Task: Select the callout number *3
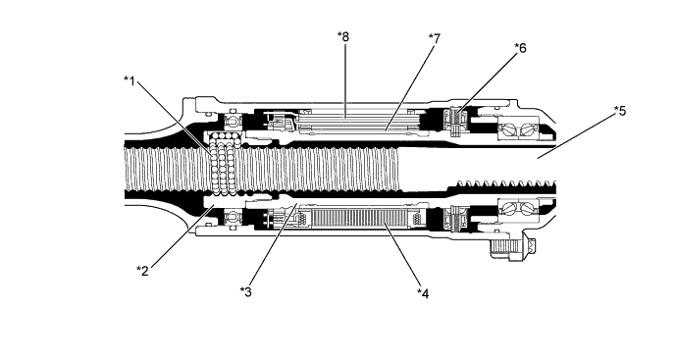247,290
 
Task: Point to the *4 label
423,291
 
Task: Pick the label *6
520,47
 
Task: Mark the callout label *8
342,36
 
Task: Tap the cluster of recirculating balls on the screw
225,164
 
